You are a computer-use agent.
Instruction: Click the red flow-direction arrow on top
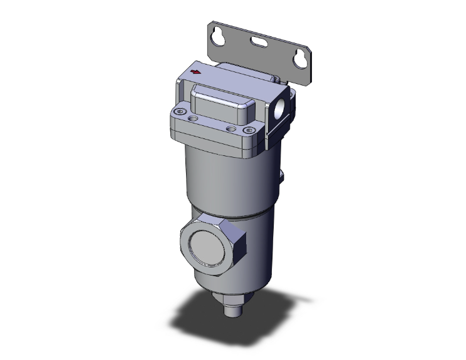tap(195, 73)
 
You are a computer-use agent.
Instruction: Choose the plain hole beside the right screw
tap(233, 128)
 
